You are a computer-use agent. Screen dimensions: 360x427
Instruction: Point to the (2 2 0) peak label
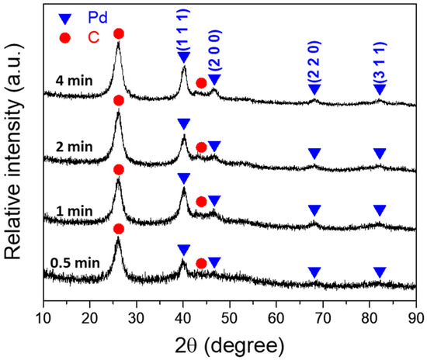point(314,64)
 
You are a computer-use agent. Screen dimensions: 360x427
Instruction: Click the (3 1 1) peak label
point(379,64)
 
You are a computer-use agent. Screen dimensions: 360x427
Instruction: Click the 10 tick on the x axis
point(43,317)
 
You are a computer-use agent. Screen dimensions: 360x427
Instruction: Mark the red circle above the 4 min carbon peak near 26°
point(118,33)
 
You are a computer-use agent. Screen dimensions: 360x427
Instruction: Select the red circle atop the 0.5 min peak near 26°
point(118,228)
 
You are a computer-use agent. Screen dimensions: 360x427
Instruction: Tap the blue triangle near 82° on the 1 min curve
point(380,210)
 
